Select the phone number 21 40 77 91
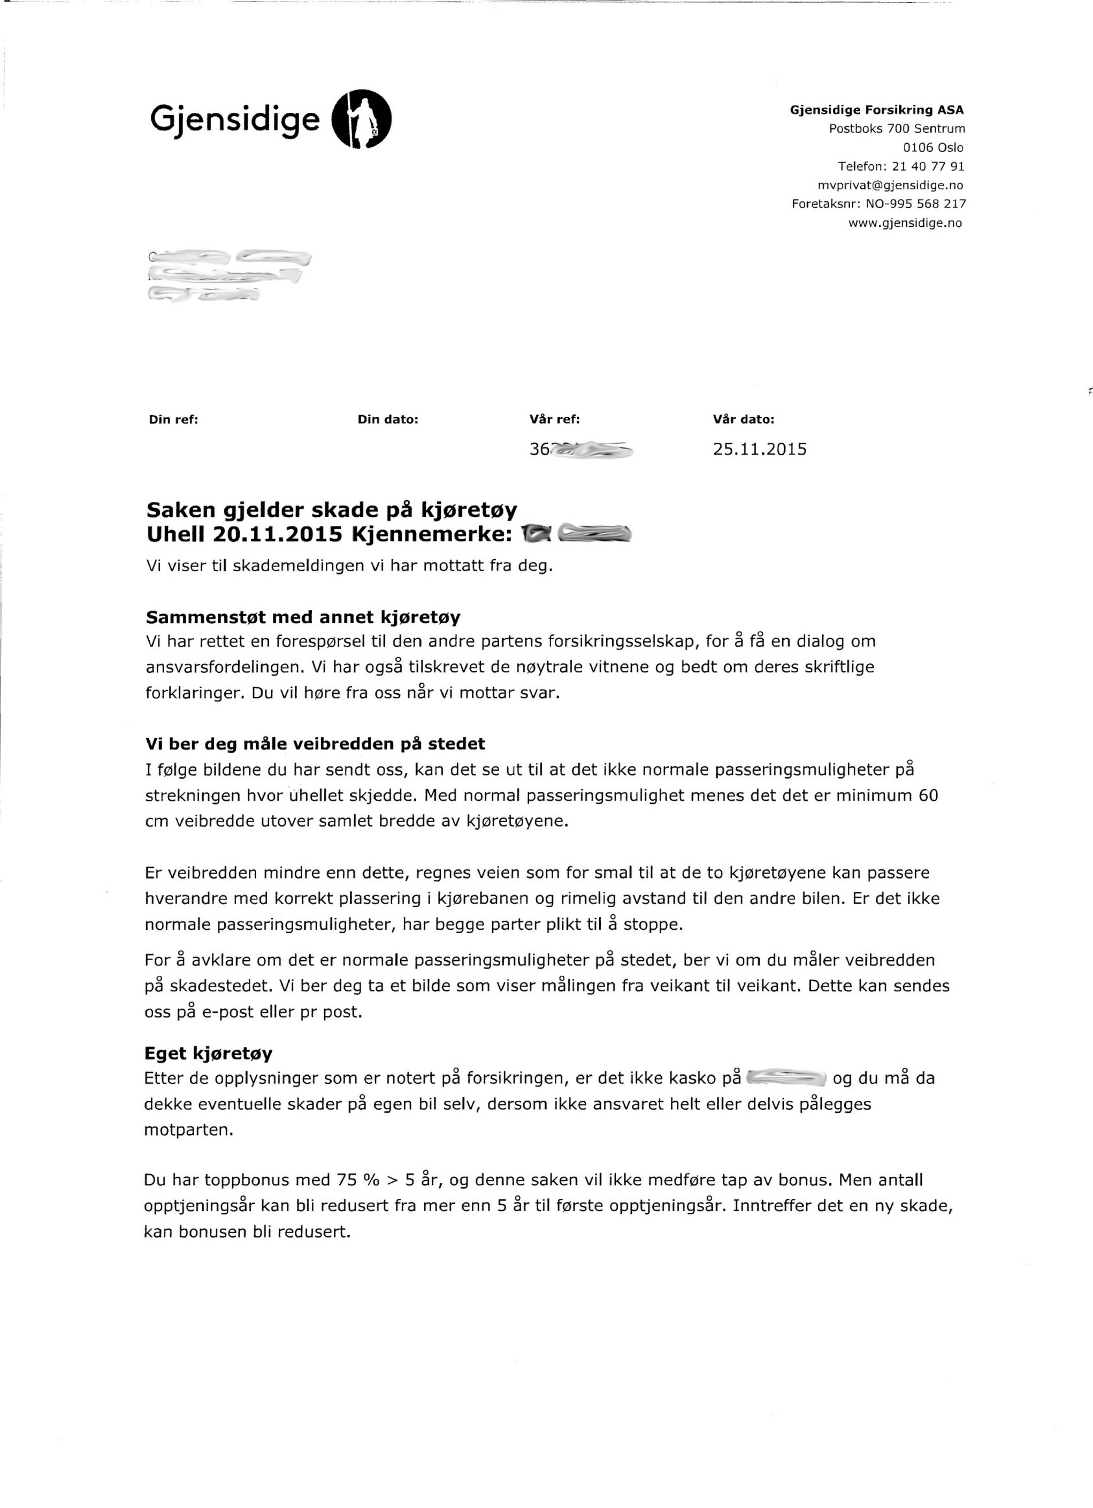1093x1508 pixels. (928, 166)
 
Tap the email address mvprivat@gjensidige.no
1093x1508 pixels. (890, 185)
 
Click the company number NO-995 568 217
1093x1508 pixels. (915, 203)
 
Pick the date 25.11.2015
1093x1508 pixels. (759, 449)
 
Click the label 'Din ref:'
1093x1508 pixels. (173, 419)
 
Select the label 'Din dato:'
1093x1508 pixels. (387, 419)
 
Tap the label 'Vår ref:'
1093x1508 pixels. (554, 419)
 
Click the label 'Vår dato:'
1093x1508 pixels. (743, 419)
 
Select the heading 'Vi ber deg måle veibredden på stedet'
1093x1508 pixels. (315, 744)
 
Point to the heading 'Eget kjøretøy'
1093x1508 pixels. (208, 1053)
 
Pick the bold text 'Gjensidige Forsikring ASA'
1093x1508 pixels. (876, 110)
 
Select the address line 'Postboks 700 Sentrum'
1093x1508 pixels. (896, 128)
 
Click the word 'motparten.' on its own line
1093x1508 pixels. (189, 1130)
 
